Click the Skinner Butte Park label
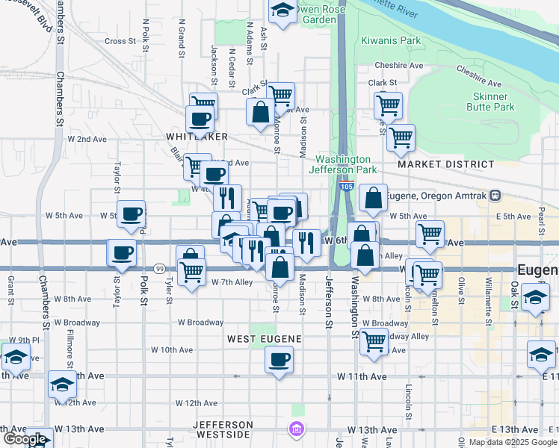tap(494, 102)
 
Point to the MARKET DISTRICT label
tap(445, 164)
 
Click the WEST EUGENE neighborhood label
tap(264, 339)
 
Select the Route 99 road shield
tap(159, 268)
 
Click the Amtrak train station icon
tap(494, 196)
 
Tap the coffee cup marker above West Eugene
tap(279, 360)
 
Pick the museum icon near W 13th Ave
tap(297, 429)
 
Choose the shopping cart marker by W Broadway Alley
tap(374, 341)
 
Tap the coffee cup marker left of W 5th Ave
tap(132, 214)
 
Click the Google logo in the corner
tap(25, 440)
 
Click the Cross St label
tap(120, 42)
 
